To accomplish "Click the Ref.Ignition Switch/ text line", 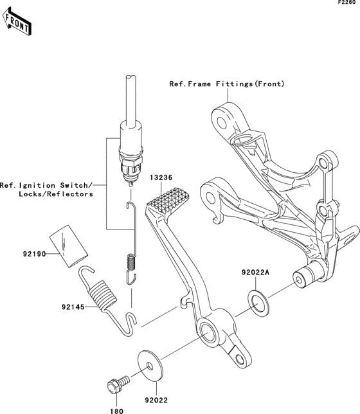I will pyautogui.click(x=46, y=184).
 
